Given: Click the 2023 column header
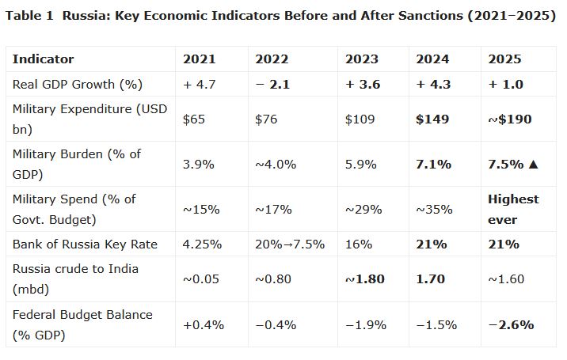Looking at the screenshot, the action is click(x=362, y=59).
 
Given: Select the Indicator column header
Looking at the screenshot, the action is click(x=43, y=59).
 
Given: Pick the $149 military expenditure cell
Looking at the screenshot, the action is click(x=432, y=119).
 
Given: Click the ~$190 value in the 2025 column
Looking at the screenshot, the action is click(x=510, y=119).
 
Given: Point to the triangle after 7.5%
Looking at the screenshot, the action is click(x=534, y=165).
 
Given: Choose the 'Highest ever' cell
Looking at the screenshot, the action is click(x=513, y=210).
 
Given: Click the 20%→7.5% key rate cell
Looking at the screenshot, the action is click(x=290, y=244).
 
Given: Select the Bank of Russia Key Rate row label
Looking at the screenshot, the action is click(x=85, y=244).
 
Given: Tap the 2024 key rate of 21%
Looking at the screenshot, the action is click(x=432, y=244).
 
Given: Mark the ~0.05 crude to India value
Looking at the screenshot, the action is click(x=201, y=279).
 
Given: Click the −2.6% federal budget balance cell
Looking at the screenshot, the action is click(x=511, y=324).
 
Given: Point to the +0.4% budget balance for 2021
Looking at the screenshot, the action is click(x=204, y=324).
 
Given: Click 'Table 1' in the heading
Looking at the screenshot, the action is click(x=29, y=16).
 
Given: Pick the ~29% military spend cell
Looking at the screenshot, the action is click(x=363, y=210).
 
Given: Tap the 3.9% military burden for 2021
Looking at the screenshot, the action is click(x=199, y=165).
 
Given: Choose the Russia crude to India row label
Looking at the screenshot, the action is click(x=75, y=279).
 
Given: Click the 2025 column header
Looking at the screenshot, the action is click(x=504, y=59).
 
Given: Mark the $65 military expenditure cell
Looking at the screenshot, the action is click(x=194, y=119).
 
